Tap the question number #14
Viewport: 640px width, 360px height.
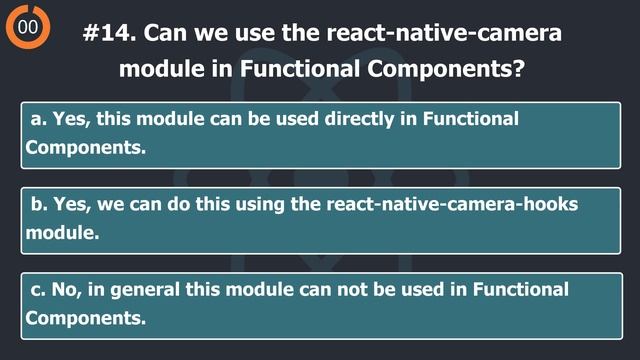click(x=109, y=32)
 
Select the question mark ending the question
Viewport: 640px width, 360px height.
click(x=520, y=70)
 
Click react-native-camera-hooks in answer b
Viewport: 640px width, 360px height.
click(x=453, y=205)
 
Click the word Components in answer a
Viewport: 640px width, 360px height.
click(x=85, y=147)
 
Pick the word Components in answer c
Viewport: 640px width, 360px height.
click(x=85, y=318)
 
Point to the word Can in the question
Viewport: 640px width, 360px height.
click(x=165, y=32)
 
